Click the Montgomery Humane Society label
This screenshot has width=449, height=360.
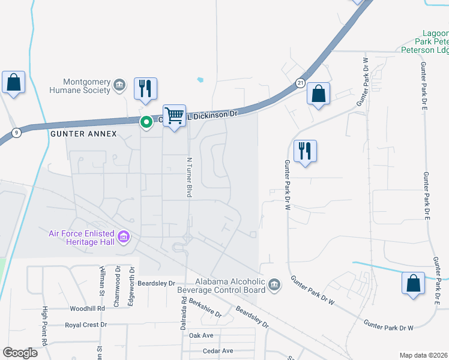88,86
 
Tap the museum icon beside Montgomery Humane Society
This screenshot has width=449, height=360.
119,85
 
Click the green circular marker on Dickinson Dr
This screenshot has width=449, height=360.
146,122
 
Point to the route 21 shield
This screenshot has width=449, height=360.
300,82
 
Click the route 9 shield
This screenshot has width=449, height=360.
16,132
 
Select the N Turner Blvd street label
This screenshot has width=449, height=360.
188,177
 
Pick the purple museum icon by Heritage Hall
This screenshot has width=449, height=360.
124,238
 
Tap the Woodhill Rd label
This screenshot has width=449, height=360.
87,308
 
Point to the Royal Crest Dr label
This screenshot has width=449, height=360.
86,325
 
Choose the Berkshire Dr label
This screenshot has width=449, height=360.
205,309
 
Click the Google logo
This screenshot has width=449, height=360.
20,352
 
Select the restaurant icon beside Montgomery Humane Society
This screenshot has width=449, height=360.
145,88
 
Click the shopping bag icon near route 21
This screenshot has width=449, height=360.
318,93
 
